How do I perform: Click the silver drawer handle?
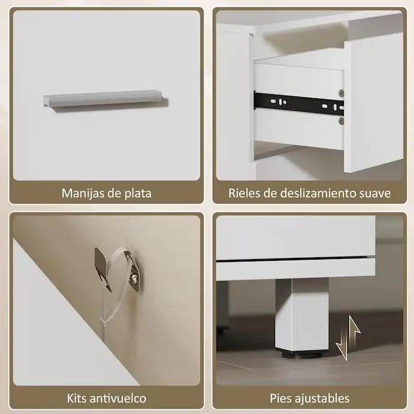point(104,99)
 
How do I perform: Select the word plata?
point(138,193)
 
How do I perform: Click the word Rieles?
point(244,193)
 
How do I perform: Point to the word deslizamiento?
point(315,193)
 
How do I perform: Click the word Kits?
point(79,398)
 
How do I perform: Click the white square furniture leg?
point(302,313)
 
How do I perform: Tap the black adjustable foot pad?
point(302,354)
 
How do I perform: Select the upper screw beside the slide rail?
point(341,93)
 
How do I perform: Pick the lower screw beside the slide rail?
point(341,120)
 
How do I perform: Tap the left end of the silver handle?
point(46,101)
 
